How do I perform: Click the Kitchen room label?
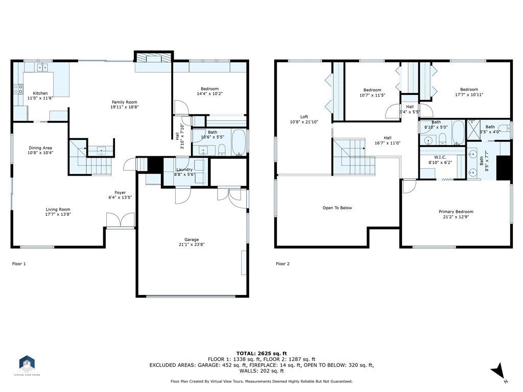(x=40, y=93)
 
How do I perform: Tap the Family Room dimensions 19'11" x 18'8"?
(x=125, y=107)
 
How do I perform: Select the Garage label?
(x=192, y=240)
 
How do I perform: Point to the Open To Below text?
(x=337, y=208)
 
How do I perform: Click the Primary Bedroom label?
(x=456, y=212)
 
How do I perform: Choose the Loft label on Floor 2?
(x=304, y=117)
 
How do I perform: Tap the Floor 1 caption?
(x=19, y=264)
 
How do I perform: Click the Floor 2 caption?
(x=283, y=264)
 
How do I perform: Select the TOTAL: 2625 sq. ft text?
(x=261, y=353)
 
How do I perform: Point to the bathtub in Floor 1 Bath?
(x=239, y=142)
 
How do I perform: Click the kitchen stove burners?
(x=18, y=89)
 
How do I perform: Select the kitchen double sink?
(x=43, y=67)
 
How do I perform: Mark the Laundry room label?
(x=184, y=169)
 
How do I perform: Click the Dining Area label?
(x=40, y=148)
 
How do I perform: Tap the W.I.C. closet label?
(x=440, y=157)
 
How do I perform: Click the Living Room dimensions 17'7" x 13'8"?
(x=58, y=214)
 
